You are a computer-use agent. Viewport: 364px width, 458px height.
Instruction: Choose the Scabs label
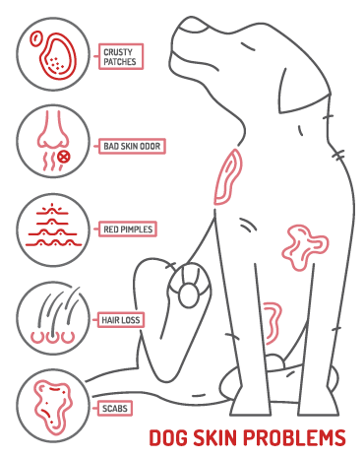click(114, 405)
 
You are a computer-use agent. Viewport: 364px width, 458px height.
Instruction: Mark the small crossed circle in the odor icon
click(64, 156)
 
